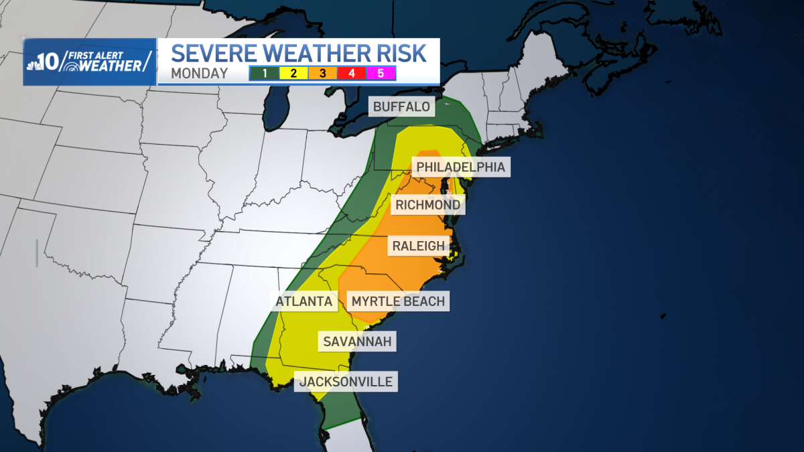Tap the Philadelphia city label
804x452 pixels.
460,167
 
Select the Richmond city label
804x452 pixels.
427,205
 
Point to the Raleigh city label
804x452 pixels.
418,246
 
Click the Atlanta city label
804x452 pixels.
304,301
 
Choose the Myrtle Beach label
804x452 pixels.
398,301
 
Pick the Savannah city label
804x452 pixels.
356,342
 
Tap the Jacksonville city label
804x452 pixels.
346,382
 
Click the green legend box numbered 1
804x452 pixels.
265,73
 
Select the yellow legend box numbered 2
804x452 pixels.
294,73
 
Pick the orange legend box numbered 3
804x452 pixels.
323,73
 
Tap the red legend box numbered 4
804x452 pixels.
352,73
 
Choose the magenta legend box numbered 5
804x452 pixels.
381,73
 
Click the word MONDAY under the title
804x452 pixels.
199,74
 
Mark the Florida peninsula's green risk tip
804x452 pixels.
335,419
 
